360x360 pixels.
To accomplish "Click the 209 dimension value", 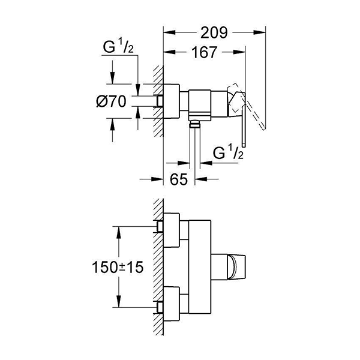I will click(215, 34).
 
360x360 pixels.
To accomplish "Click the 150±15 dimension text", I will click(120, 268).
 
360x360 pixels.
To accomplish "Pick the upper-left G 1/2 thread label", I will click(118, 47).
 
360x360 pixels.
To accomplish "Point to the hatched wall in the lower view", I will click(158, 267).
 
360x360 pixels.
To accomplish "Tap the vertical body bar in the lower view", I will click(198, 268).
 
